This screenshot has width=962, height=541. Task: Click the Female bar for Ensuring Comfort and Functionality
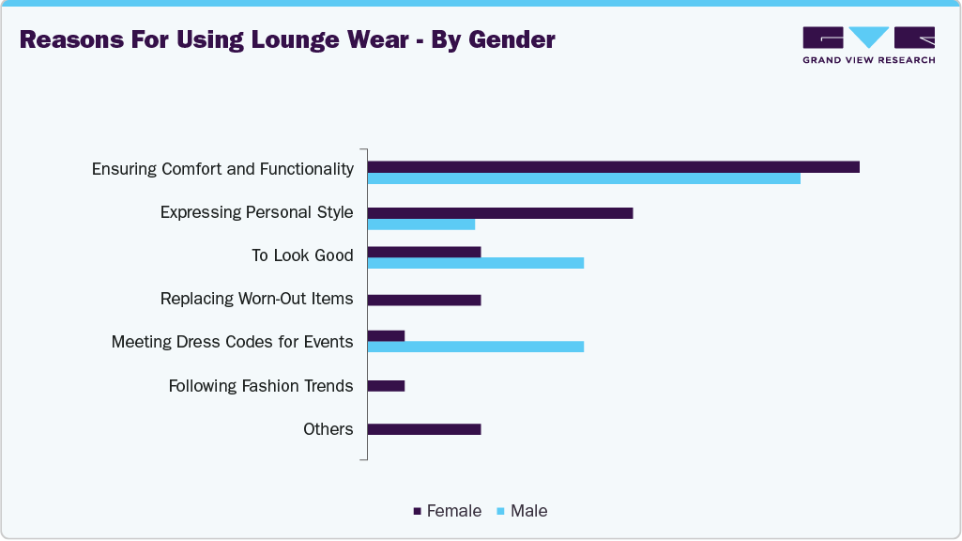[x=613, y=167]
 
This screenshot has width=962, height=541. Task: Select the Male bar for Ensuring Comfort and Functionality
[x=584, y=178]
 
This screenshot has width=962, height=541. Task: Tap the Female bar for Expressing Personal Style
[x=500, y=213]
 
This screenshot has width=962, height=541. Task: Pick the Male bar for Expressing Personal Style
[x=421, y=224]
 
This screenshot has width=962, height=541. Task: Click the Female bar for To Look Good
[x=424, y=252]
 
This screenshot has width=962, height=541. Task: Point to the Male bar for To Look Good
[x=476, y=263]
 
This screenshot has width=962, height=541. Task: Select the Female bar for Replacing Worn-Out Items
[x=424, y=301]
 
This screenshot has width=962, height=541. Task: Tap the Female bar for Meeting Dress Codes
[x=386, y=335]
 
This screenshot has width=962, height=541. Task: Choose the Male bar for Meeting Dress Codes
[x=476, y=347]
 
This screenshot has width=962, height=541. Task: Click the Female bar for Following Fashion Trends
[x=386, y=386]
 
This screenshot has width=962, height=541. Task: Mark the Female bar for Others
[x=424, y=429]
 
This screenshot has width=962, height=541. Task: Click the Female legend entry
[x=448, y=511]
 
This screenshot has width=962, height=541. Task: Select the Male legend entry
[x=522, y=511]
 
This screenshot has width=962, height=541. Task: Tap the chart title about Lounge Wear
[x=287, y=40]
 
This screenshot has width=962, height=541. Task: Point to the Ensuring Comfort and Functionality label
[x=222, y=169]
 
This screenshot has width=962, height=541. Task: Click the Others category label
[x=328, y=429]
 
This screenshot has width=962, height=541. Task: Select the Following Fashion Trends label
[x=261, y=386]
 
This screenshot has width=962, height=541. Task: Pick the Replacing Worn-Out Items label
[x=257, y=299]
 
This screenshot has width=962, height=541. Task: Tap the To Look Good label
[x=302, y=255]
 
